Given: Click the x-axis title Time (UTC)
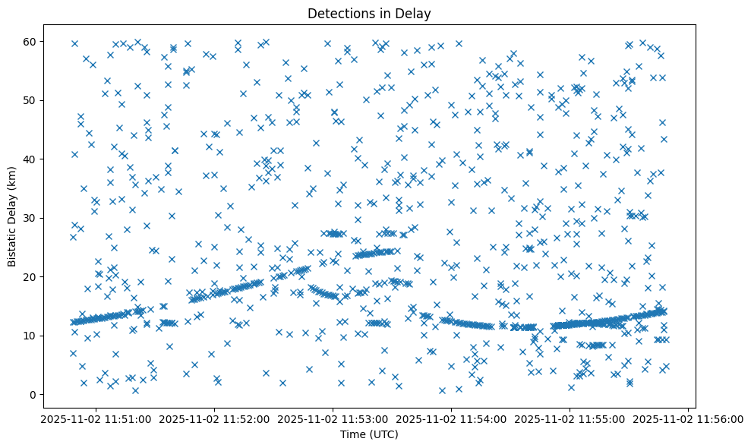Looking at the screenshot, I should pos(368,434).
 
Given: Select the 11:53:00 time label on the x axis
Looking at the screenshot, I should pos(332,418).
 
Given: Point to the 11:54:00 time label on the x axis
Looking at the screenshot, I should pos(451,418).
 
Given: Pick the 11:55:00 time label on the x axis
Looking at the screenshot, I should pos(570,418).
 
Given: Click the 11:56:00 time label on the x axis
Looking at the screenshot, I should pos(688,418).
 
